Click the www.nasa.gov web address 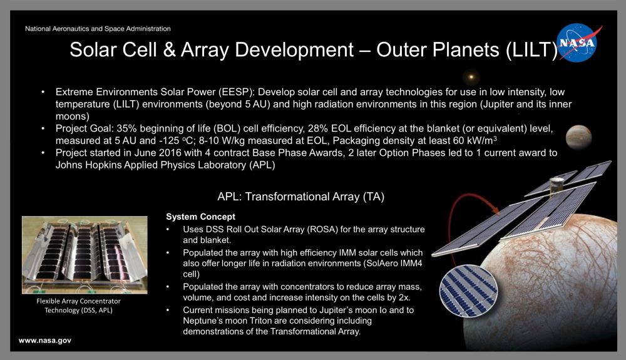pos(45,340)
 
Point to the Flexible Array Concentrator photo pos(85,255)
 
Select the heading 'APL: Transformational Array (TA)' pos(300,197)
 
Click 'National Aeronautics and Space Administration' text pos(98,29)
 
